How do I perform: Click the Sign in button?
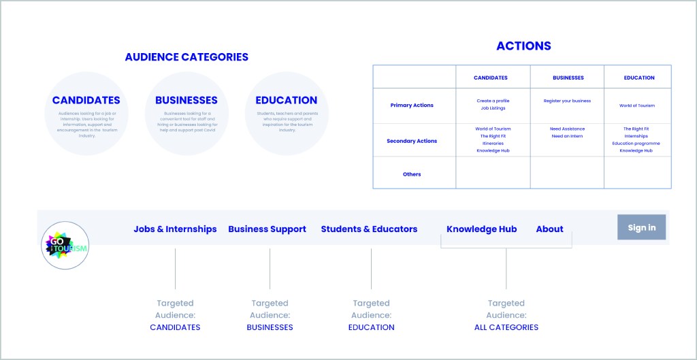[x=641, y=227]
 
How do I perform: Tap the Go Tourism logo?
[x=65, y=245]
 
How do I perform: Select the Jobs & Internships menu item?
[x=175, y=229]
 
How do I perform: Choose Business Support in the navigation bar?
[x=267, y=229]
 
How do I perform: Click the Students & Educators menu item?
[x=369, y=229]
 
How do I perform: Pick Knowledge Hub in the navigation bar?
[x=481, y=229]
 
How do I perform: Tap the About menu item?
[x=549, y=229]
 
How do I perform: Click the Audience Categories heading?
[x=187, y=57]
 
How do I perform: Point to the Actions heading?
[x=523, y=46]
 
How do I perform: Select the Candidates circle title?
[x=86, y=100]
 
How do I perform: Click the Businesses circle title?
[x=187, y=100]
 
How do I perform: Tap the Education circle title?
[x=287, y=100]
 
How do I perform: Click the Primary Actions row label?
[x=412, y=105]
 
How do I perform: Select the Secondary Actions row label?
[x=412, y=141]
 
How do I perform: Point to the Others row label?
[x=412, y=174]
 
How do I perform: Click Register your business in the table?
[x=567, y=101]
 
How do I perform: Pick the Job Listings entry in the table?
[x=493, y=108]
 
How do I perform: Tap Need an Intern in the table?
[x=567, y=136]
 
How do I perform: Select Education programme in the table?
[x=636, y=144]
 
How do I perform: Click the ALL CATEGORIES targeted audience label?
[x=506, y=327]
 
